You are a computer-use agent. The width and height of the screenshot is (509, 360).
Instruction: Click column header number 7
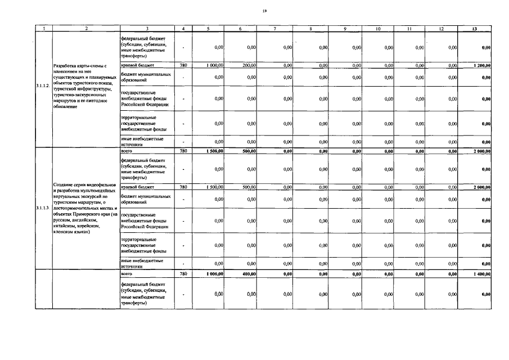274,28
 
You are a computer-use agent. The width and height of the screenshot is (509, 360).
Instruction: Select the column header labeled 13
476,28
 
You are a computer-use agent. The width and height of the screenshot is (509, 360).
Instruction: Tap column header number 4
183,28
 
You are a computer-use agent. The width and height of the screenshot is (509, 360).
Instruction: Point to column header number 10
378,28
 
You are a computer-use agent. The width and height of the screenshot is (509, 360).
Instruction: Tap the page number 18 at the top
264,10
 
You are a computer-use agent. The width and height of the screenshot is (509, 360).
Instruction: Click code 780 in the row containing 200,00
183,66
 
